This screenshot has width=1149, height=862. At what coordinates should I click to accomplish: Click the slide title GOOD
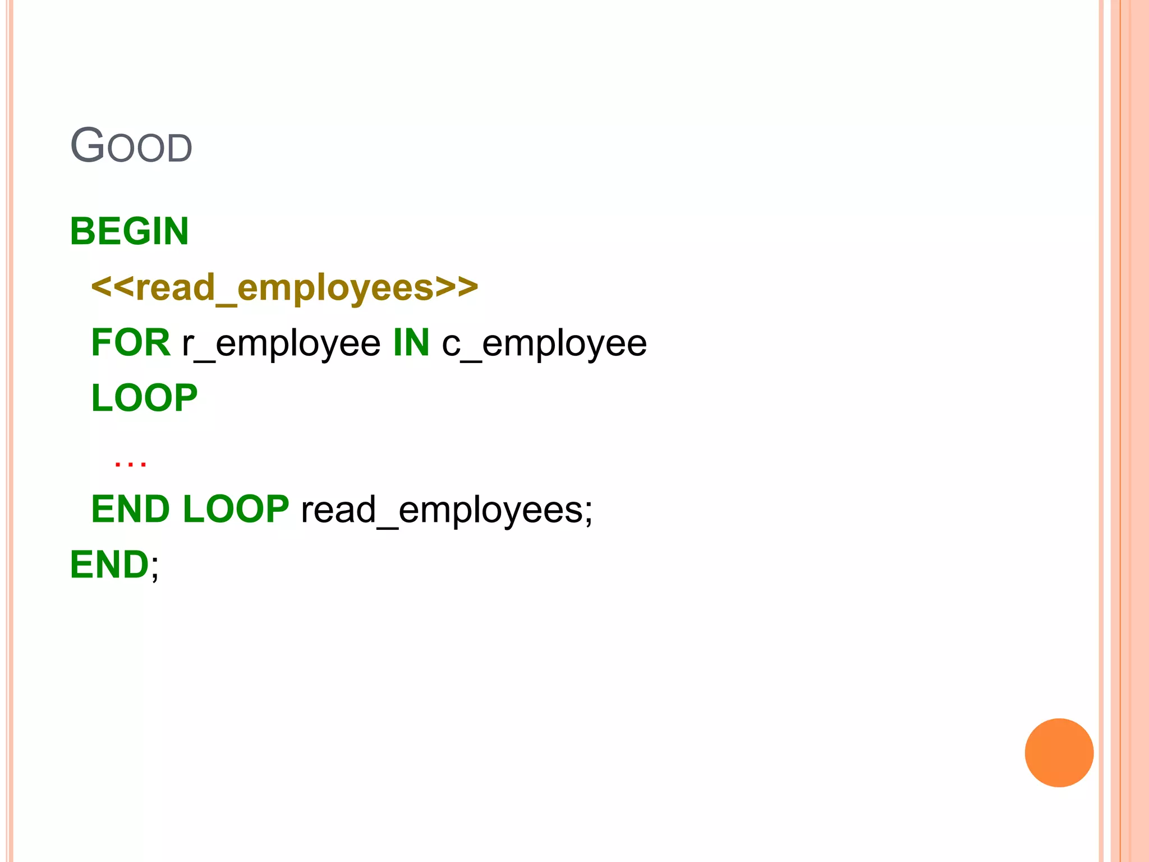click(x=131, y=146)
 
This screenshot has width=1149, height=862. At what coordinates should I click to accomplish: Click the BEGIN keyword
click(x=129, y=231)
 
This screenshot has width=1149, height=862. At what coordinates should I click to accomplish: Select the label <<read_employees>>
click(x=284, y=287)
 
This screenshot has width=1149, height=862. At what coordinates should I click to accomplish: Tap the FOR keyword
click(x=131, y=342)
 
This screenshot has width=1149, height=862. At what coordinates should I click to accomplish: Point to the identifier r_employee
click(x=281, y=343)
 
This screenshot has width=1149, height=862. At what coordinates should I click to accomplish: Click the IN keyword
click(x=411, y=342)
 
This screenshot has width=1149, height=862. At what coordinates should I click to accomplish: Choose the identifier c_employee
click(x=544, y=343)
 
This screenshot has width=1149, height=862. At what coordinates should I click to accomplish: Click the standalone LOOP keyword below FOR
click(x=144, y=398)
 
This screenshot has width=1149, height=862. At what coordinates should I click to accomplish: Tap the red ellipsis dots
click(x=130, y=464)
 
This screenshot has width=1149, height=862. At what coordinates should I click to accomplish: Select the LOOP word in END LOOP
click(x=236, y=509)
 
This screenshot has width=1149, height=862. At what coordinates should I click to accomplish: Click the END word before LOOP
click(x=130, y=509)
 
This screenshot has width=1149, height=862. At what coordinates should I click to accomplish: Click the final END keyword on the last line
click(x=109, y=565)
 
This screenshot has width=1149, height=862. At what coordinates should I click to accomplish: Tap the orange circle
click(x=1059, y=753)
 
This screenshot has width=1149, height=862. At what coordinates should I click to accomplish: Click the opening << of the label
click(x=112, y=287)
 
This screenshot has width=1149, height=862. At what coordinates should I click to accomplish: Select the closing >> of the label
click(x=457, y=287)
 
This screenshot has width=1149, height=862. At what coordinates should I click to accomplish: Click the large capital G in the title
click(x=88, y=145)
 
